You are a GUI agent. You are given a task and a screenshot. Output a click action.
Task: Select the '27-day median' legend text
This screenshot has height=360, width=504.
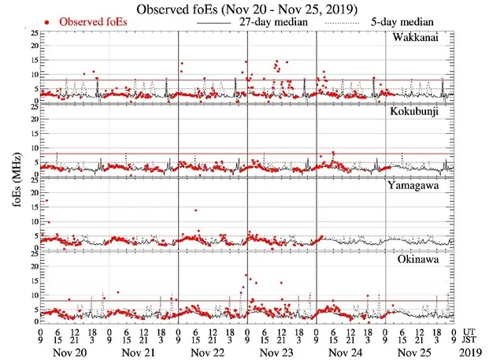(x=271, y=23)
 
